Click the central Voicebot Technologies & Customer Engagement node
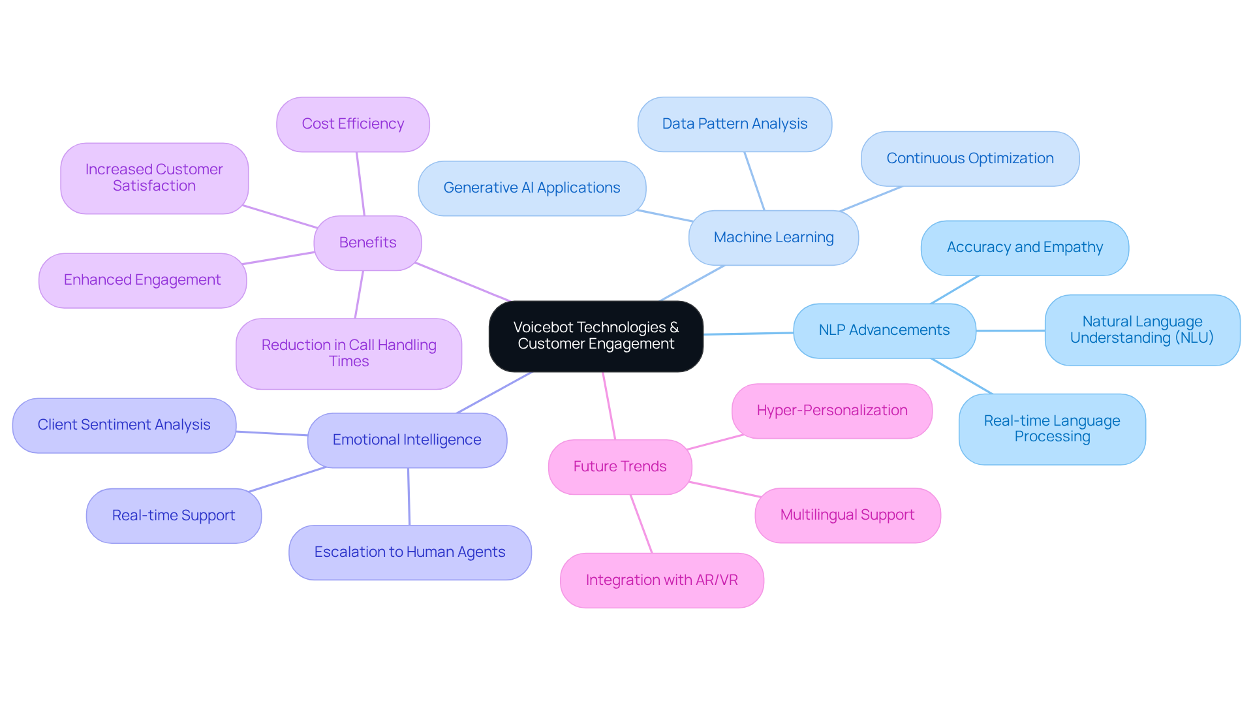(596, 336)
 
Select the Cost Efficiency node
(352, 124)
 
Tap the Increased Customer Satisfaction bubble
(154, 178)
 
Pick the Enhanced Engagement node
(142, 280)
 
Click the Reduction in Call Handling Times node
(348, 353)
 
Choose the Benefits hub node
(367, 243)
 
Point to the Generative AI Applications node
(531, 188)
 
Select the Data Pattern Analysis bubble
(734, 124)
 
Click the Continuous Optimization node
(970, 159)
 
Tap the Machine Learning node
(773, 238)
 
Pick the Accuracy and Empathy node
(1025, 247)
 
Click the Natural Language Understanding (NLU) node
(1141, 330)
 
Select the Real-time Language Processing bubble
(1051, 429)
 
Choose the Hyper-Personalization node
(831, 411)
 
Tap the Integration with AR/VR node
(662, 580)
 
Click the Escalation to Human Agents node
(410, 552)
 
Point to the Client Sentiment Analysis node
(124, 425)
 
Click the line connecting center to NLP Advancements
(749, 334)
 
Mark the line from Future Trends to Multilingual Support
(724, 490)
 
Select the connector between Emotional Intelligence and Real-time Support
(287, 480)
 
